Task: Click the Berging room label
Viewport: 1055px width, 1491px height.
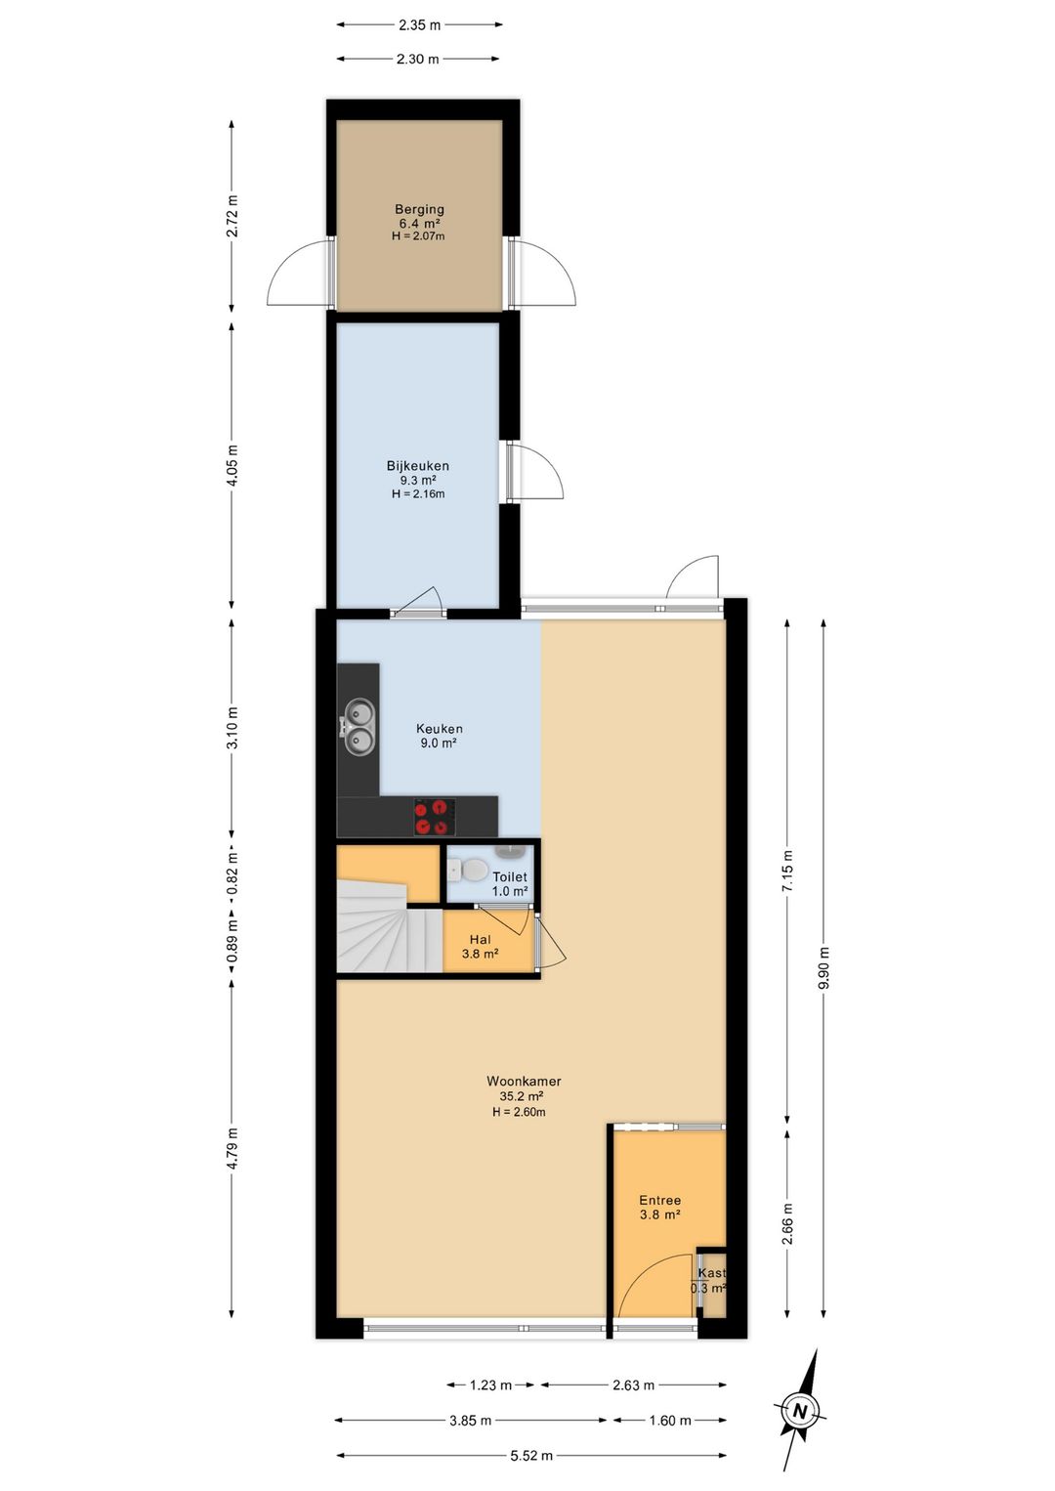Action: [x=419, y=209]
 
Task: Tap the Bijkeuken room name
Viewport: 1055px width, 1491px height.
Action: [x=418, y=466]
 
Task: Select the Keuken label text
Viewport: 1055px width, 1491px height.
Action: [x=440, y=728]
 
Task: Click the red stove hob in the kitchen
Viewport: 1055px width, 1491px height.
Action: [x=435, y=817]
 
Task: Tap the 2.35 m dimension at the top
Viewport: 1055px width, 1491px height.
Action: [x=419, y=25]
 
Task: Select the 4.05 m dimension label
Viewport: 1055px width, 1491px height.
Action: [x=232, y=465]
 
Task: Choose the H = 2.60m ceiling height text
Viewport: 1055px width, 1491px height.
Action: [x=519, y=1112]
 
